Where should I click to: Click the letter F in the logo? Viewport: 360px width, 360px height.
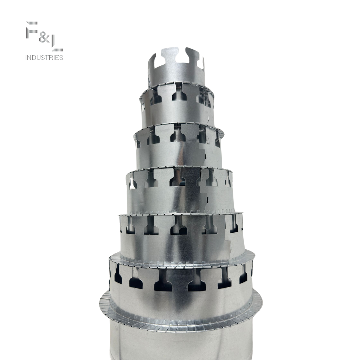(x=32, y=30)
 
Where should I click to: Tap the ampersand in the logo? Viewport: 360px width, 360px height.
(x=44, y=38)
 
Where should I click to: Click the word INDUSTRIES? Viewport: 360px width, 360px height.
(x=44, y=57)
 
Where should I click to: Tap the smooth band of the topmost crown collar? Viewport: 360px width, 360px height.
(x=177, y=73)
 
